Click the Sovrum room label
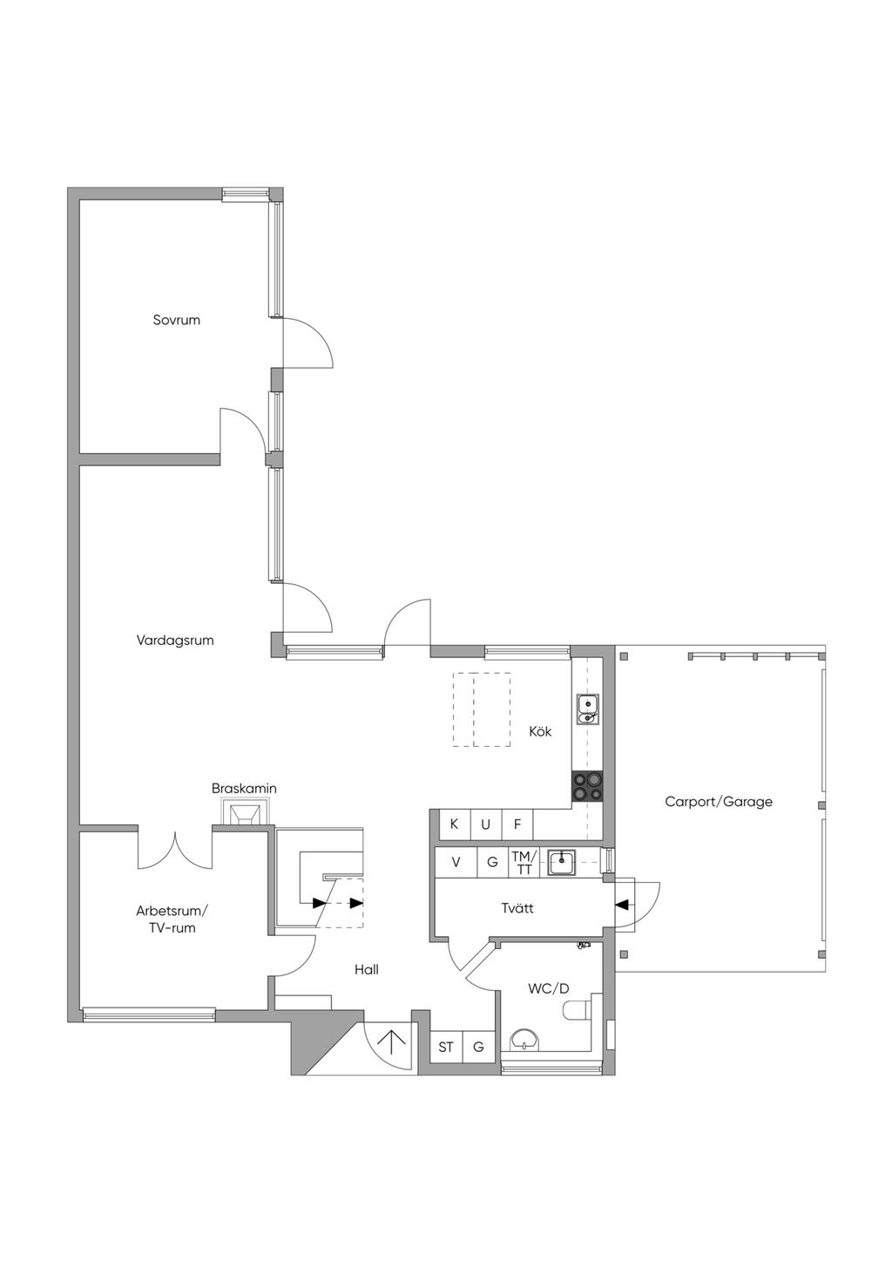click(176, 320)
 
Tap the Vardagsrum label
click(175, 641)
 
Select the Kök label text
click(540, 731)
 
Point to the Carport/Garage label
click(719, 802)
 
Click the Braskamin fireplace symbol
click(244, 813)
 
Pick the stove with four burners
click(587, 786)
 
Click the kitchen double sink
click(587, 709)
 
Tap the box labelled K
click(455, 824)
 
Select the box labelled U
click(485, 824)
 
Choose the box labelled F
click(517, 824)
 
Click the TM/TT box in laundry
click(524, 863)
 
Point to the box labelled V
click(456, 863)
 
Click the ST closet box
click(446, 1047)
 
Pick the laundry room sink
click(561, 863)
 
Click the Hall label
click(367, 970)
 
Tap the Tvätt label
click(517, 908)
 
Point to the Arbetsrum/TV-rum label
click(172, 919)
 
